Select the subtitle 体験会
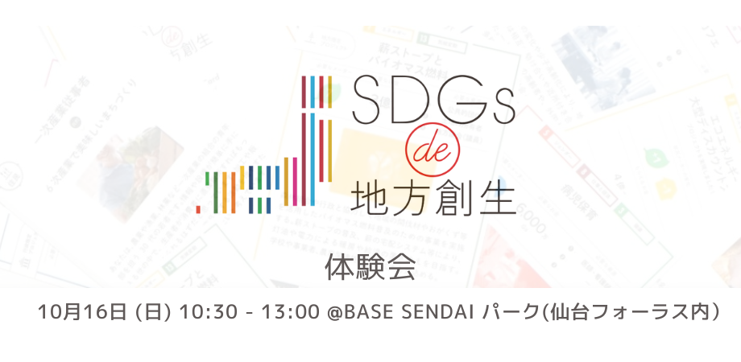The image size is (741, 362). point(370,267)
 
